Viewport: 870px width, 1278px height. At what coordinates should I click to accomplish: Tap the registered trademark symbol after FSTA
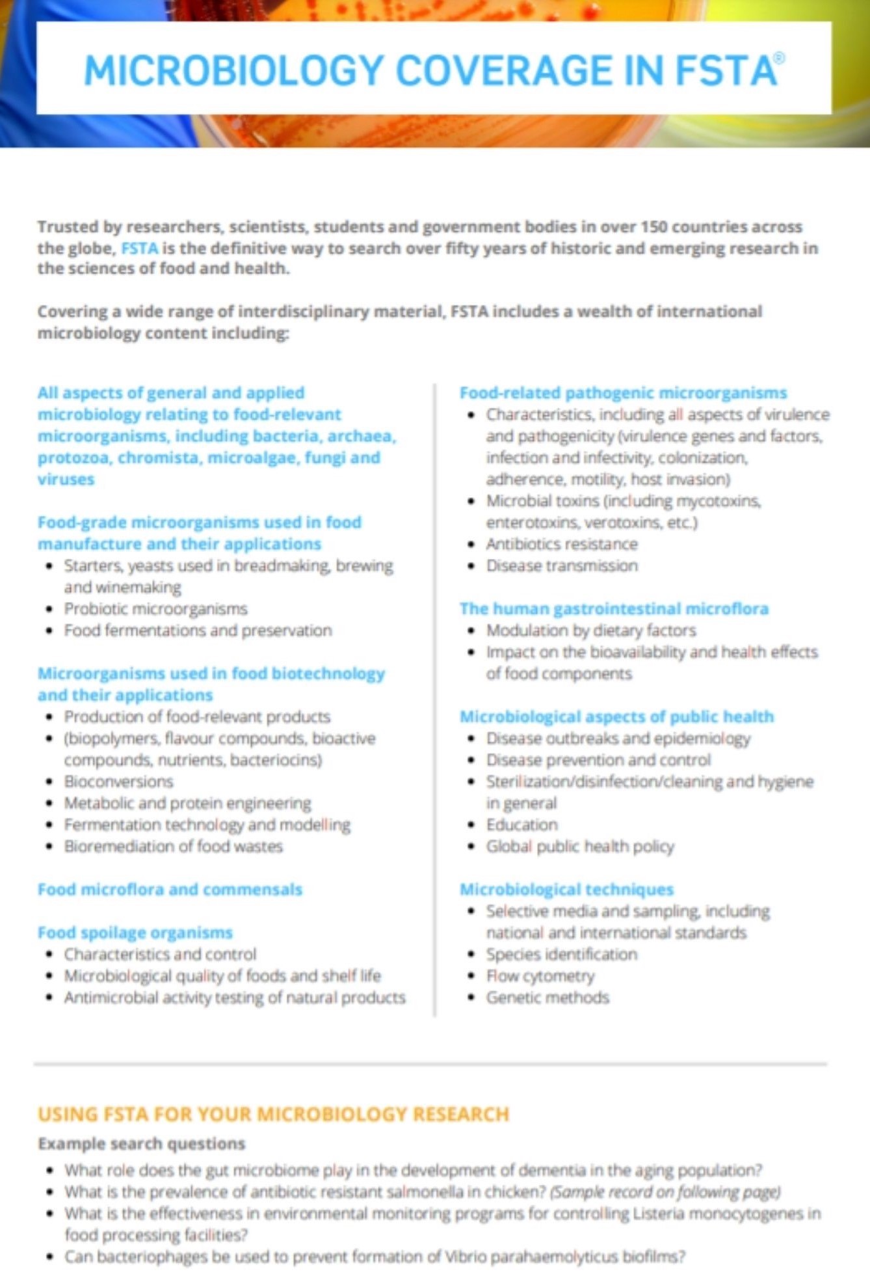[x=780, y=58]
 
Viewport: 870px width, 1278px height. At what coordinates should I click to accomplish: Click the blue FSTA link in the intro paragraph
[x=139, y=248]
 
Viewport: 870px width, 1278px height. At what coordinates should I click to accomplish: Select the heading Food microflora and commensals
[x=170, y=889]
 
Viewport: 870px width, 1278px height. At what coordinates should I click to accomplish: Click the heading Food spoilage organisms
[x=135, y=932]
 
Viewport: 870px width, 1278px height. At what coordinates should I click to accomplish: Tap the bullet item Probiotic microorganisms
[x=155, y=608]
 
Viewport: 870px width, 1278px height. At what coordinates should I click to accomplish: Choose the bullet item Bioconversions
[x=118, y=781]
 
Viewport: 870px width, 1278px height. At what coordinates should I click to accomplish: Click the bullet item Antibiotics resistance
[x=562, y=543]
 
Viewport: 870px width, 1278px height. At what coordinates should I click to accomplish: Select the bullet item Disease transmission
[x=562, y=565]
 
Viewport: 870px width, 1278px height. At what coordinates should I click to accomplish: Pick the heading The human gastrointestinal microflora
[x=614, y=608]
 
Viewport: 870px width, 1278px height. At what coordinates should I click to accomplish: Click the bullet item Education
[x=521, y=824]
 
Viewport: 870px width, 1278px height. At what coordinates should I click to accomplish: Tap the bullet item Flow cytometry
[x=540, y=975]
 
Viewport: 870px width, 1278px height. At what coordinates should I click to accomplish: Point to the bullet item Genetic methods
[x=547, y=997]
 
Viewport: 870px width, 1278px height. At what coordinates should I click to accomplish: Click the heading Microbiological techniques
[x=566, y=889]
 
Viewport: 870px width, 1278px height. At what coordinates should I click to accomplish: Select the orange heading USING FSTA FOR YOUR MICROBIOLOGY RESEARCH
[x=273, y=1114]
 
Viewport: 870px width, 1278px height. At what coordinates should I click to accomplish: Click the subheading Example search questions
[x=141, y=1143]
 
